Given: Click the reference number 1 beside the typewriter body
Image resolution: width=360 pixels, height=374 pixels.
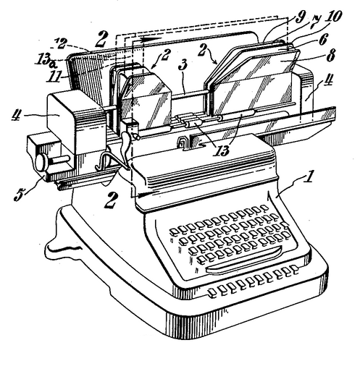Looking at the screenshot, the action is (309, 177).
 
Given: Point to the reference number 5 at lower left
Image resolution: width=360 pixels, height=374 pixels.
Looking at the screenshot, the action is (20, 195).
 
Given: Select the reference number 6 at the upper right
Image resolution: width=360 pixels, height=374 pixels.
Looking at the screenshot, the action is (323, 39).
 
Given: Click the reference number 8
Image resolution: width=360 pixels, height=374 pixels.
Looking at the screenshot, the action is (330, 56).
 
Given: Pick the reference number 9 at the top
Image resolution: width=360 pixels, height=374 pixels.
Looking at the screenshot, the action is (299, 17).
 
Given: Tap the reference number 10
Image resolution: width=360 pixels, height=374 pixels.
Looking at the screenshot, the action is (332, 17).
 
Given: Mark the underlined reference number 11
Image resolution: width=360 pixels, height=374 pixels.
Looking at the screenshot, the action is (55, 77).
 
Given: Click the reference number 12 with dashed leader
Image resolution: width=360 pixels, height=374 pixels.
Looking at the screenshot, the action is (59, 44).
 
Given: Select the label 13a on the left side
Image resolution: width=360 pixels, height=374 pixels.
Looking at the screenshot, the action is (46, 60).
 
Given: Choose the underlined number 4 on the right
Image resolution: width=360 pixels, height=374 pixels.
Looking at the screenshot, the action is (327, 80).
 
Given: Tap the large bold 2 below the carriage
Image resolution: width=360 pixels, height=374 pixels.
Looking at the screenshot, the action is (112, 200).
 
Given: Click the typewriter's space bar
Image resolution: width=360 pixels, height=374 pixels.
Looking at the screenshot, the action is (244, 260).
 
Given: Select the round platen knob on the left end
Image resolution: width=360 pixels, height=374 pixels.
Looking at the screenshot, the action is (42, 161).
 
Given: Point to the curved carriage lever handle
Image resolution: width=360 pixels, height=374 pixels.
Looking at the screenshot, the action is (126, 147).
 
